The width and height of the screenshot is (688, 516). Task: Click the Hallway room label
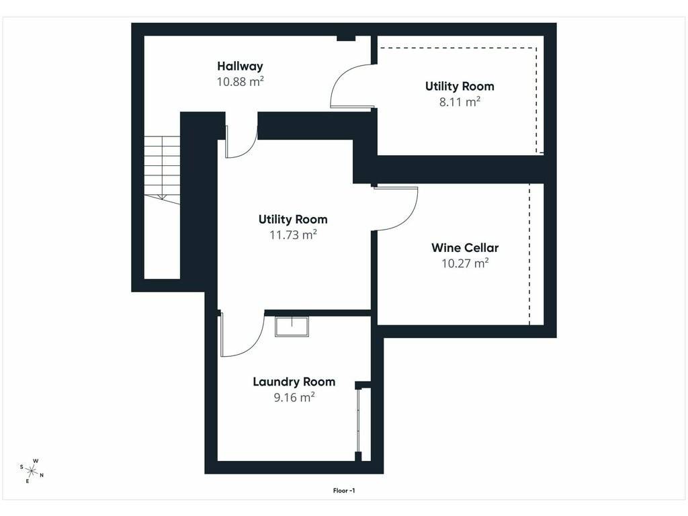tap(240, 67)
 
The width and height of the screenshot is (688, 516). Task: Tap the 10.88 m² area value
tap(240, 81)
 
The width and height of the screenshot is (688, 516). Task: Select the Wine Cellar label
tap(465, 248)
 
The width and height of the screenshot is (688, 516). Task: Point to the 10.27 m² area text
tap(465, 263)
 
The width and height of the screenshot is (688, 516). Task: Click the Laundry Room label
tap(294, 382)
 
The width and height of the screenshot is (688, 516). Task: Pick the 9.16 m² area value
tap(294, 398)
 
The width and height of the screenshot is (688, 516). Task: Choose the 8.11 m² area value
tap(460, 102)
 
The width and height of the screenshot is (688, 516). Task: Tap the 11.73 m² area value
tap(293, 234)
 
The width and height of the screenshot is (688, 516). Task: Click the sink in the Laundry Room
tap(292, 326)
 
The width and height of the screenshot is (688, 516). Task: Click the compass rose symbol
tap(32, 471)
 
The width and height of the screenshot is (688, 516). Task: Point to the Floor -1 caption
tap(344, 490)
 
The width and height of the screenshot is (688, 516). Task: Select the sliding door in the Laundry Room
tap(359, 421)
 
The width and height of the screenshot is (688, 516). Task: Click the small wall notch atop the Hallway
tap(346, 38)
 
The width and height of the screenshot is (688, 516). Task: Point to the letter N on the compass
tap(42, 475)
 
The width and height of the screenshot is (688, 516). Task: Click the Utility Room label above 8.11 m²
tap(460, 87)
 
